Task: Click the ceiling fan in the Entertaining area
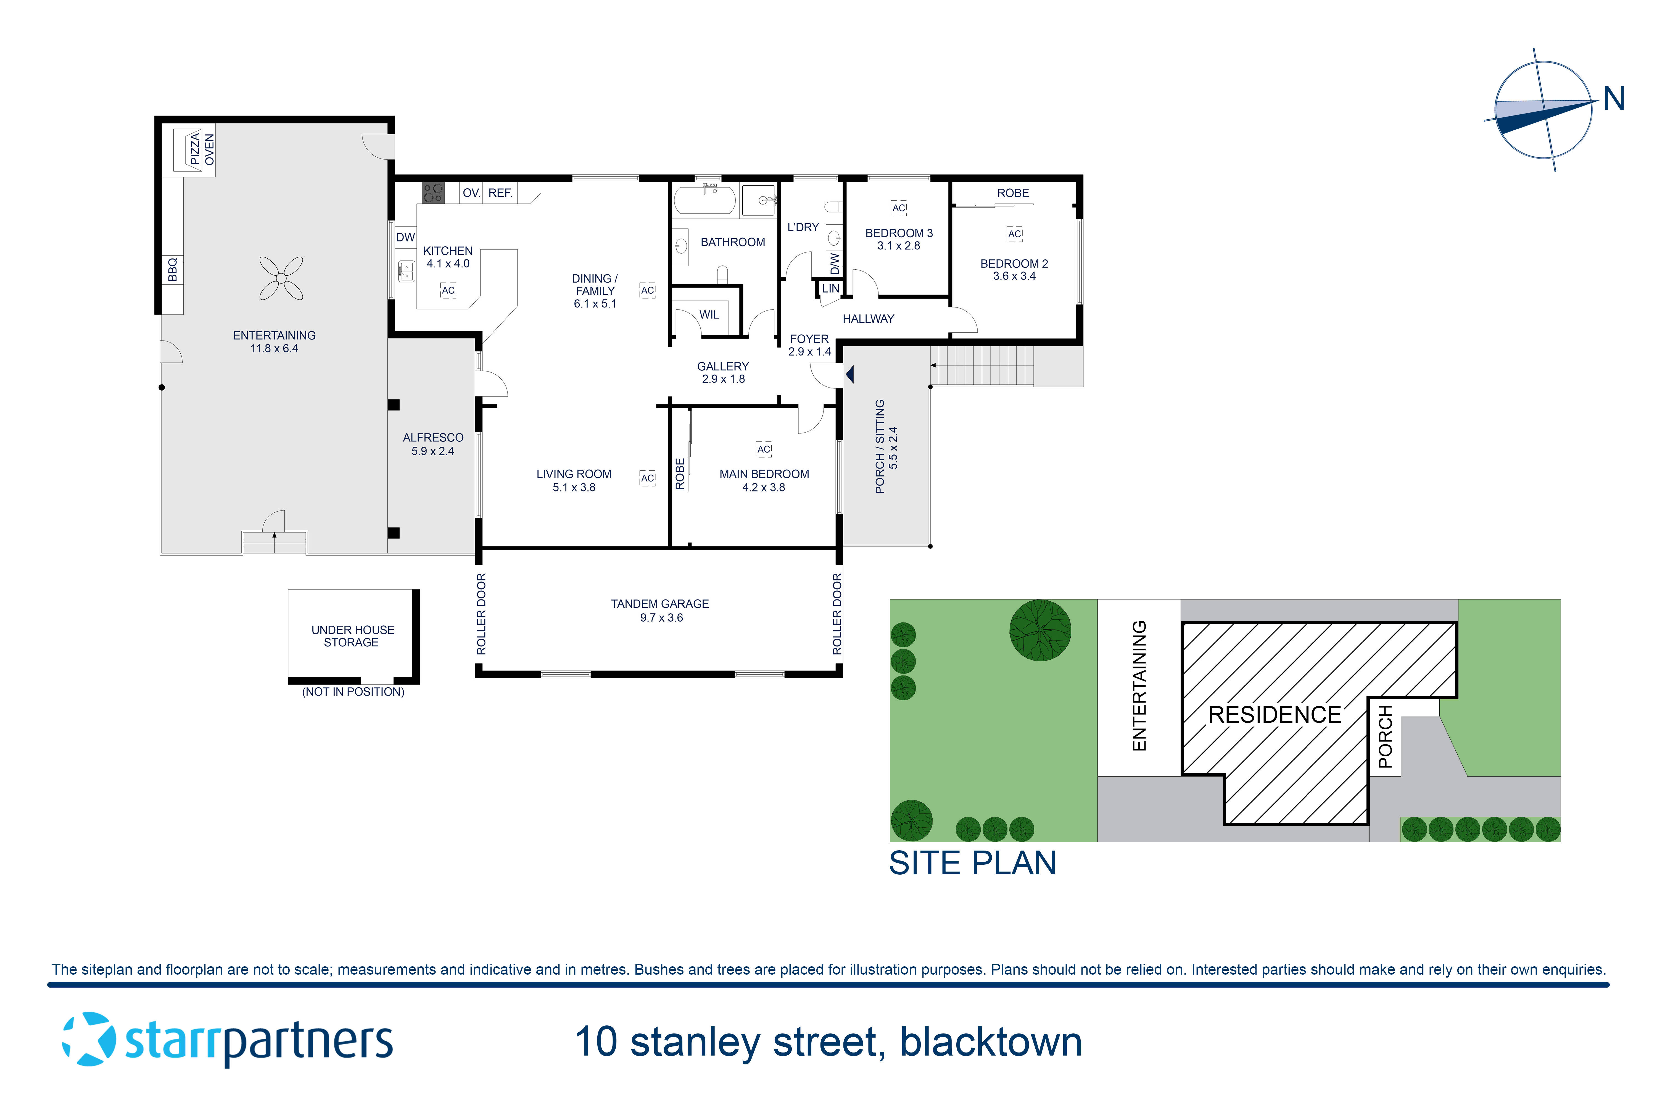click(281, 278)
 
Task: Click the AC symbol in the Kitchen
click(448, 290)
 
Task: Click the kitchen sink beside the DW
click(407, 271)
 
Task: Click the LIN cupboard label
click(831, 288)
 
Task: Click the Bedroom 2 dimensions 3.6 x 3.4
click(1014, 276)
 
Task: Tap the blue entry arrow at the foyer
click(850, 374)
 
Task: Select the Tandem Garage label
click(659, 604)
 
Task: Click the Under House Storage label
click(352, 636)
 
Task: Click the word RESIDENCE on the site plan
click(1275, 715)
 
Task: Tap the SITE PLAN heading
click(972, 863)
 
